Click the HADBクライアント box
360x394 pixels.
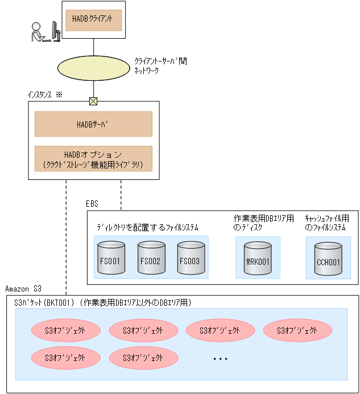[x=93, y=19]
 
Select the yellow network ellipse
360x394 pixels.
[x=93, y=67]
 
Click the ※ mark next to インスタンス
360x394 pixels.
[x=59, y=95]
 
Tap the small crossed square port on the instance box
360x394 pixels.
[x=93, y=101]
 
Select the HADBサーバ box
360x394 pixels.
[x=93, y=124]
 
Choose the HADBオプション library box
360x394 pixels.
[x=93, y=159]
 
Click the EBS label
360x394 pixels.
[x=92, y=203]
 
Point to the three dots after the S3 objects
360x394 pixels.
[x=220, y=359]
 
